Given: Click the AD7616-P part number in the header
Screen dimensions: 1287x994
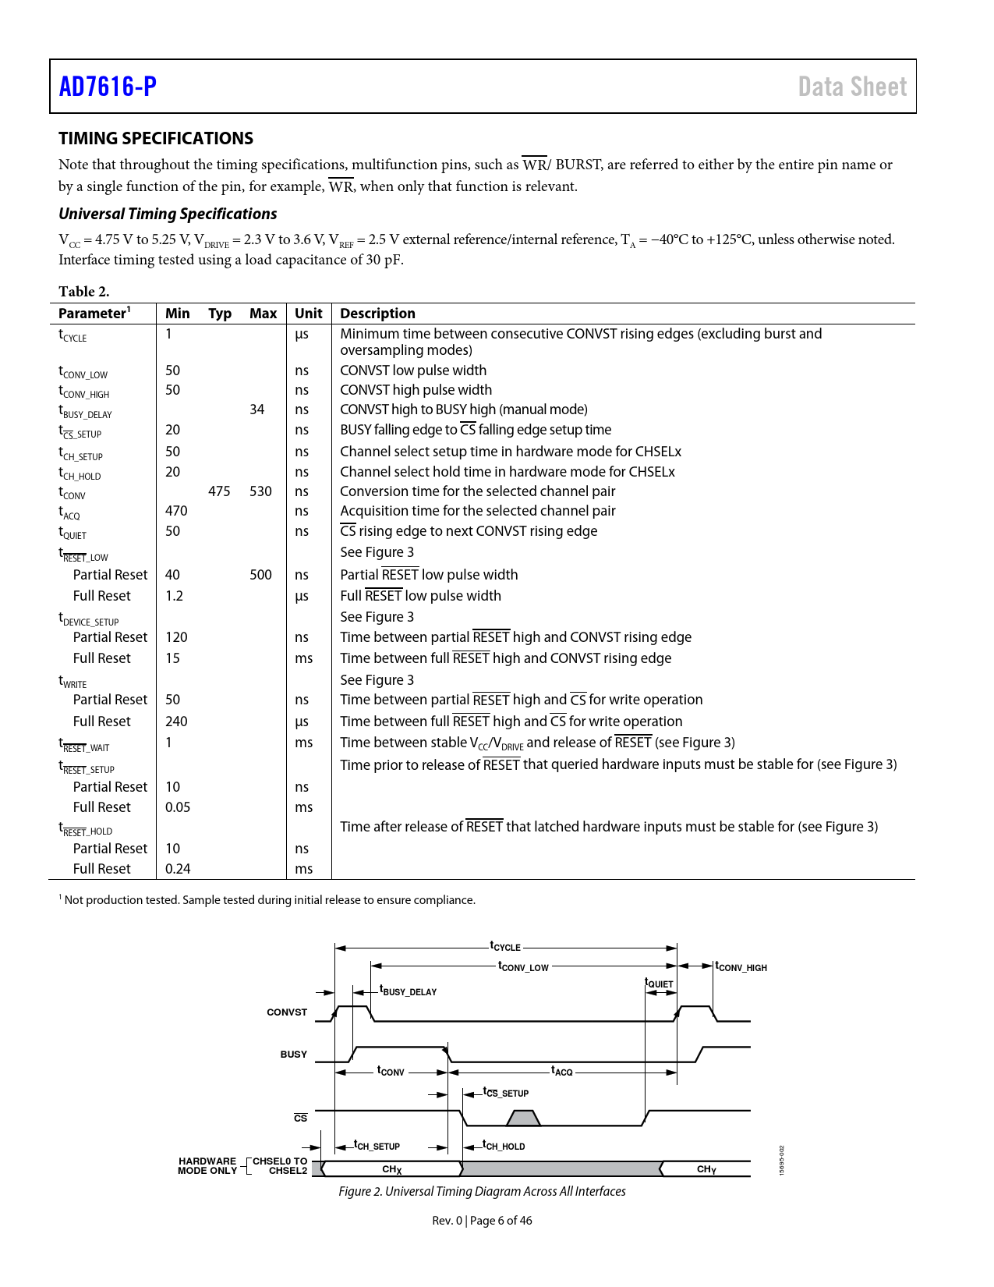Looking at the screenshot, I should [x=108, y=87].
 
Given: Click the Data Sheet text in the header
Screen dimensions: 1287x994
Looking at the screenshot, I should [x=852, y=87].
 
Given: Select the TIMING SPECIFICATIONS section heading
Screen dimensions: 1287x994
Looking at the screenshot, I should [x=156, y=138].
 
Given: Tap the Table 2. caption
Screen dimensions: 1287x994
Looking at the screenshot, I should [x=84, y=292].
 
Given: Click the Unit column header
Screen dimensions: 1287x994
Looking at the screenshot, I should [x=308, y=314].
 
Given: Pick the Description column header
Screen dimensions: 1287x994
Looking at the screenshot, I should [x=377, y=314].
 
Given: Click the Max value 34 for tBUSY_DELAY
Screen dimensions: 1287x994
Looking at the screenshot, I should [x=257, y=409].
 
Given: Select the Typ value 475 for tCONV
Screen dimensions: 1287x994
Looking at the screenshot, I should [x=219, y=491].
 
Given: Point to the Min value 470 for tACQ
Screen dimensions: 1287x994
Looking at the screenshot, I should [x=176, y=511].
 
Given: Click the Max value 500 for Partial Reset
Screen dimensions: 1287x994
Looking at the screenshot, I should [x=260, y=575].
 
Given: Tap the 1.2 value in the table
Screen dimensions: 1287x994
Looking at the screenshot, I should [x=174, y=596].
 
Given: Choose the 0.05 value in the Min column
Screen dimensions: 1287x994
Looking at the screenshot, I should [x=178, y=807].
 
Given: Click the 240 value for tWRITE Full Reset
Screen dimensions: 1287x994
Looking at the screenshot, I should [x=176, y=721].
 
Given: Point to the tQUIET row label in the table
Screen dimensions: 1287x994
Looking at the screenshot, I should [x=73, y=533].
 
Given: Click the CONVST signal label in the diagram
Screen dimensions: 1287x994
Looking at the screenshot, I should [x=287, y=1012].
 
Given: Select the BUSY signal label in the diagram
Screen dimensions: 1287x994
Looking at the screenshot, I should [x=294, y=1055].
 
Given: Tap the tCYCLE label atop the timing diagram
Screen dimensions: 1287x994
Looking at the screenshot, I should [x=505, y=946].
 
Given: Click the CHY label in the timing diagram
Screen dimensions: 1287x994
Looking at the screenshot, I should [x=706, y=1169].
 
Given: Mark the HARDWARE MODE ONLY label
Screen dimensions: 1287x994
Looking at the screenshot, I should [x=207, y=1166].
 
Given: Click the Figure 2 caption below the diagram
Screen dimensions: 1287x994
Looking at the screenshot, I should [x=482, y=1192].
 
